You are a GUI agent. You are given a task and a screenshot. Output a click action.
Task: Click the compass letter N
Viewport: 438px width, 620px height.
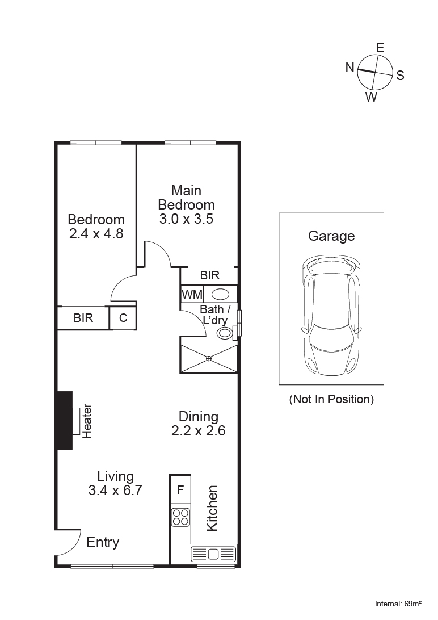click(x=350, y=68)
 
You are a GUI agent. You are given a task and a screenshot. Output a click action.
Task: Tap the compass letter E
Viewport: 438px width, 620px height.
click(x=380, y=48)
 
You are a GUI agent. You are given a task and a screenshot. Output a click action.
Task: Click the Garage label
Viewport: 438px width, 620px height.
click(x=331, y=236)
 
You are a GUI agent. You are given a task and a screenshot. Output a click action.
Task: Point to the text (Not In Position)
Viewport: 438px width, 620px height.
click(x=331, y=399)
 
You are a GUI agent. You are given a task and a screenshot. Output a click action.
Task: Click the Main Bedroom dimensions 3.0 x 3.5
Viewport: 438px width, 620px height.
click(x=186, y=219)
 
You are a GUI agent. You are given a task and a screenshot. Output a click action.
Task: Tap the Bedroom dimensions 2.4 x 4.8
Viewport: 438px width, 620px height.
click(x=96, y=233)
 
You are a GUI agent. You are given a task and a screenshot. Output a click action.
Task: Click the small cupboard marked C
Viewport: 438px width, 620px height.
click(x=123, y=318)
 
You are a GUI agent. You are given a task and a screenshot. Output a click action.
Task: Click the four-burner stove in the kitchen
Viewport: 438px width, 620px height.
click(x=180, y=517)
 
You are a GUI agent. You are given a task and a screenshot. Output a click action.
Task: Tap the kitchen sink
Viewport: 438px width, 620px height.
click(x=213, y=554)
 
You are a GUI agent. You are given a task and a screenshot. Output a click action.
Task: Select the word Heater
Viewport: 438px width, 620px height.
click(x=87, y=421)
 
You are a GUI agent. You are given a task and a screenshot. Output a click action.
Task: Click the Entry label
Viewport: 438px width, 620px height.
click(x=103, y=542)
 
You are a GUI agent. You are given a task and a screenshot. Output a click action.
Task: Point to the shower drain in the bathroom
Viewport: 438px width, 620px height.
click(x=209, y=358)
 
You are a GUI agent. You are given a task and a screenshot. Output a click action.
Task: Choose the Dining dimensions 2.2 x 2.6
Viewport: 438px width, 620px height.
click(x=199, y=431)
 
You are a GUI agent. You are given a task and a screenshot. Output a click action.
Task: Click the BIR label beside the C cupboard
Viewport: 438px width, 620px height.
click(x=83, y=318)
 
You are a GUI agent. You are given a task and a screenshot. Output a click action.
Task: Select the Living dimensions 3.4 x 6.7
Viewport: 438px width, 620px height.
click(x=115, y=491)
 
